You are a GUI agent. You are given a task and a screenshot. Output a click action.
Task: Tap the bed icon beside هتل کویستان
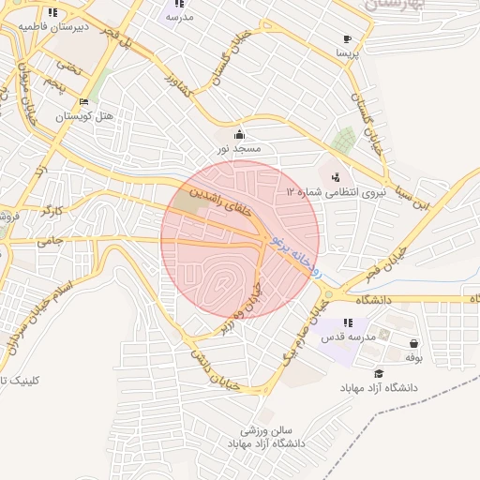(84, 101)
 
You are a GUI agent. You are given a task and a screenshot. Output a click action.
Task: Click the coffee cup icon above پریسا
(347, 39)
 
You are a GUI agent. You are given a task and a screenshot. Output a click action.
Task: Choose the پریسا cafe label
(347, 54)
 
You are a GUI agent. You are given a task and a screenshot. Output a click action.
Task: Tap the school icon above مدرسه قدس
(349, 322)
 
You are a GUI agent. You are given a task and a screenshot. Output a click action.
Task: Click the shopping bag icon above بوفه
(414, 343)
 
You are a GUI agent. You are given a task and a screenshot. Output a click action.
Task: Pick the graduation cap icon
(378, 373)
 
